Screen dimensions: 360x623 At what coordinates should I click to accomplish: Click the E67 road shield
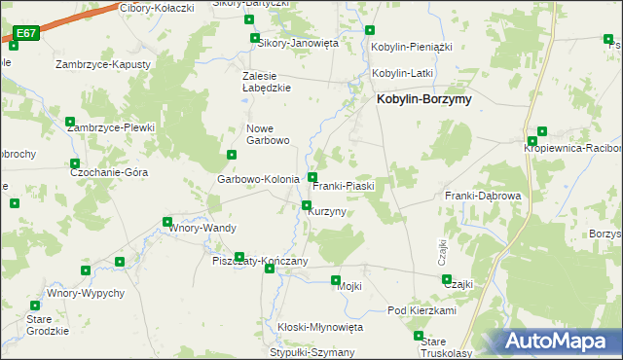26,33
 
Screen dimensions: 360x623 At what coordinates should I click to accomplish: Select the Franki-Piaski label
344,185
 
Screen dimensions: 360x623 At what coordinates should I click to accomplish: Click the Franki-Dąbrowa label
484,196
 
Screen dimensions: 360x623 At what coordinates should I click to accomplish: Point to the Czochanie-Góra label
109,171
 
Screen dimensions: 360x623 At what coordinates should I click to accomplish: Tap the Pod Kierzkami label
421,310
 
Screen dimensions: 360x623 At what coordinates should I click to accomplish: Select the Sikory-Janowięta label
296,43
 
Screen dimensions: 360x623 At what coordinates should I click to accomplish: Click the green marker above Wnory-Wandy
167,221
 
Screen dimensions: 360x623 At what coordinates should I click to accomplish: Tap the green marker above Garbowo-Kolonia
232,155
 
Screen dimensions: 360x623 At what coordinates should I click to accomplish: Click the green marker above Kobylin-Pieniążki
369,30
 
